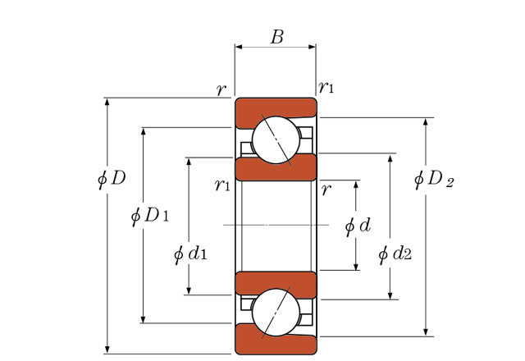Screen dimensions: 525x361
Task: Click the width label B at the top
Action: (x=277, y=37)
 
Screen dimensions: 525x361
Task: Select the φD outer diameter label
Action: (x=112, y=179)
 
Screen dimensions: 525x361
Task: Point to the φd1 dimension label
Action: (x=190, y=254)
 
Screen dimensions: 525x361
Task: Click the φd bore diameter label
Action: (x=358, y=226)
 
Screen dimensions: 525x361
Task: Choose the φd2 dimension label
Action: (x=395, y=254)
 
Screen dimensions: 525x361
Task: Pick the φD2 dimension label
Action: (x=434, y=179)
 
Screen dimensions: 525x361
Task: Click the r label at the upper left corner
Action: (x=221, y=89)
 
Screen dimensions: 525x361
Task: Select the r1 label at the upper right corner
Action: (x=326, y=88)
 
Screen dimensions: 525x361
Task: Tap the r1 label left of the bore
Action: (x=222, y=185)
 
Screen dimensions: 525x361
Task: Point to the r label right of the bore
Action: (x=326, y=190)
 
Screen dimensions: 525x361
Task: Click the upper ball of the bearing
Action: (x=276, y=140)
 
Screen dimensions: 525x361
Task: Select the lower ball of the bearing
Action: (x=276, y=312)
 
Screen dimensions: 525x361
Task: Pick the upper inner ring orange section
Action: (x=276, y=169)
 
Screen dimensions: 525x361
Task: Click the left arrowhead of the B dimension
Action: (x=239, y=47)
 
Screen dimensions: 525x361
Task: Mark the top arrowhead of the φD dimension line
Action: (x=107, y=102)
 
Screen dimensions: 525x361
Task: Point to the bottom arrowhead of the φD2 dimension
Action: (x=426, y=331)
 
